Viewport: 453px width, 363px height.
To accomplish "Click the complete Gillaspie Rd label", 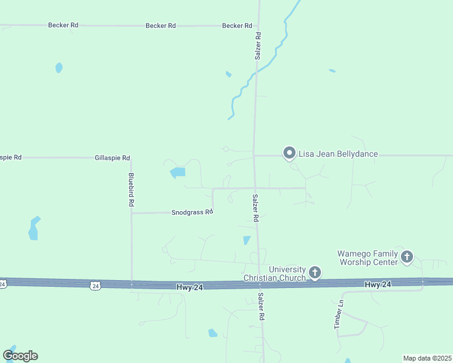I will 113,158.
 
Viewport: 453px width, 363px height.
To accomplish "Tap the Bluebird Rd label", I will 131,191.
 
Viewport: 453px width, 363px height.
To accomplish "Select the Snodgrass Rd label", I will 193,212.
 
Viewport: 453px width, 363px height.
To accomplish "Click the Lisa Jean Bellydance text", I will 339,154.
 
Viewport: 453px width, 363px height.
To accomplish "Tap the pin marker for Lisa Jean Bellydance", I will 289,153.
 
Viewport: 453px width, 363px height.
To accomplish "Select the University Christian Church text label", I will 288,273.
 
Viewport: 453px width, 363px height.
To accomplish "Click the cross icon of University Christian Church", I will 315,273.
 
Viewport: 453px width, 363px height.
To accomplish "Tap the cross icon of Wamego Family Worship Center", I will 406,257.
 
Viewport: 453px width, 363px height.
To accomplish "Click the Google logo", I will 20,356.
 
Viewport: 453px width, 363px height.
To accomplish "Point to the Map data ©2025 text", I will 427,358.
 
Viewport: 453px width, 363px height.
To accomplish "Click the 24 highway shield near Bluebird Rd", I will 94,284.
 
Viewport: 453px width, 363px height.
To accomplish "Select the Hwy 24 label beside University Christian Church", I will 190,287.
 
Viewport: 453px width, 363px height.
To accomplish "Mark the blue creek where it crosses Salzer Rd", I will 257,71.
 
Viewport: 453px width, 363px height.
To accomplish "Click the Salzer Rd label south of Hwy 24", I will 262,307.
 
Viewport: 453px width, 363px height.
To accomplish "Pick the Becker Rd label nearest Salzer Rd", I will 237,26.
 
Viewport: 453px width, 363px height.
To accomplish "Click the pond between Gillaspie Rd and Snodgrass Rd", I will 178,173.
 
